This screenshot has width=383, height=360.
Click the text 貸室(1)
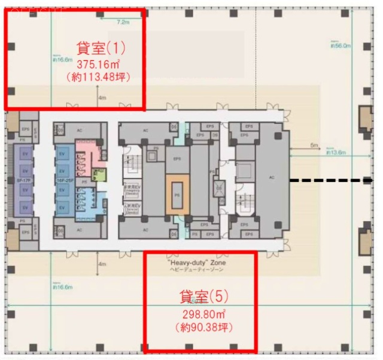pyautogui.click(x=101, y=47)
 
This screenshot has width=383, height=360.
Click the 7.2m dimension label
pyautogui.click(x=123, y=22)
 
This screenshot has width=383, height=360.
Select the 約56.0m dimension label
pyautogui.click(x=341, y=45)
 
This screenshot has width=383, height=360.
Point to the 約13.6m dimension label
pyautogui.click(x=336, y=153)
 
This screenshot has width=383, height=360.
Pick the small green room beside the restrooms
pyautogui.click(x=99, y=175)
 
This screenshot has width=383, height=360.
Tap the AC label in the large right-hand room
pyautogui.click(x=272, y=177)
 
